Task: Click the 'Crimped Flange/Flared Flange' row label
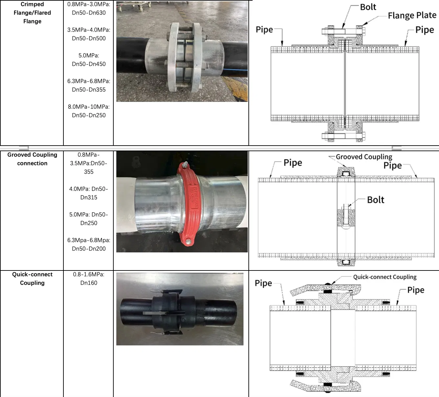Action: tap(32, 13)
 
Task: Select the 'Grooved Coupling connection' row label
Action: tap(32, 159)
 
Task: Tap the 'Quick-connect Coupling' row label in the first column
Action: tap(32, 279)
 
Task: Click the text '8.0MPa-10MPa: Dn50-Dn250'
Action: tap(89, 111)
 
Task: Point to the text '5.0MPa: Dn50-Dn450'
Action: tap(89, 60)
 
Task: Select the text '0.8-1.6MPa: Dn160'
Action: tap(89, 279)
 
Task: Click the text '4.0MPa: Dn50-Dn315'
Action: tap(89, 193)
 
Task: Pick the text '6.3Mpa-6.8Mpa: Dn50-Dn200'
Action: tap(89, 245)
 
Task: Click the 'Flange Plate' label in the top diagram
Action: tap(412, 15)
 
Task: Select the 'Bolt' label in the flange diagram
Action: tap(368, 7)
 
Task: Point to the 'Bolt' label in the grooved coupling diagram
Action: tap(375, 200)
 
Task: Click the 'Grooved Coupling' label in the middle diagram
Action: tap(364, 157)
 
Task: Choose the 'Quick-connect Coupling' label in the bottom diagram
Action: tap(384, 277)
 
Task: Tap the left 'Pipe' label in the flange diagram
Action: tap(264, 30)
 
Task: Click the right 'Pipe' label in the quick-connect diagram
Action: tap(416, 290)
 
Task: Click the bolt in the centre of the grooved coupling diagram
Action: tap(346, 215)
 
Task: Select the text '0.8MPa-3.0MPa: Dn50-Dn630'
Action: tap(89, 9)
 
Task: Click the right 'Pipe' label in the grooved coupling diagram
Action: tap(392, 165)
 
